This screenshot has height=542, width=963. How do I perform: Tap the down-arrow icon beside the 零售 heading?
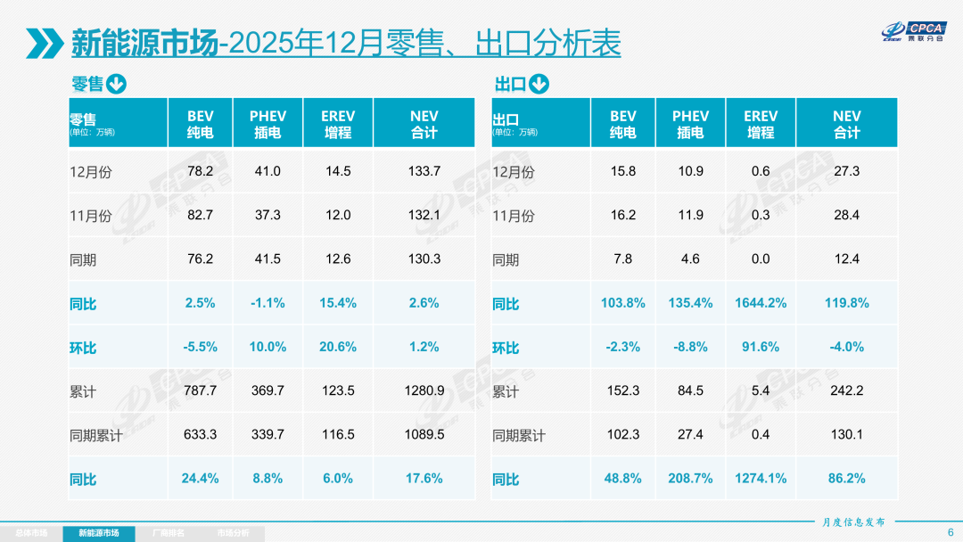[x=116, y=85]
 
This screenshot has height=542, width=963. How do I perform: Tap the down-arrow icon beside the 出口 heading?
[x=539, y=85]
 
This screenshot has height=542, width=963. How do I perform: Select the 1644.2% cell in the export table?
[x=761, y=303]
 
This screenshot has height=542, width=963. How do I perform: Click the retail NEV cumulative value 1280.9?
[x=424, y=390]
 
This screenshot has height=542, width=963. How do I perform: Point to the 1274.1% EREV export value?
[x=761, y=479]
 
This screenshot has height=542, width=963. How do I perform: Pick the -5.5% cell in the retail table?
[x=200, y=347]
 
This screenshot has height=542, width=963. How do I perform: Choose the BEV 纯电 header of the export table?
[x=623, y=124]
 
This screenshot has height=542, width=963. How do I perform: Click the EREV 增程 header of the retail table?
[x=338, y=124]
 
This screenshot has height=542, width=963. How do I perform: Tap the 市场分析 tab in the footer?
[x=233, y=533]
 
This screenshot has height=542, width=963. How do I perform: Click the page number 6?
[x=950, y=532]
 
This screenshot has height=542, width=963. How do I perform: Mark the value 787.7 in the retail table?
[x=200, y=390]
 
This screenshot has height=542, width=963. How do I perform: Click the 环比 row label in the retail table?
[x=83, y=348]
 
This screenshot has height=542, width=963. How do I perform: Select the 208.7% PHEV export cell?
[x=690, y=479]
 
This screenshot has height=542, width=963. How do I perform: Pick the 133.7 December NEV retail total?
[x=424, y=171]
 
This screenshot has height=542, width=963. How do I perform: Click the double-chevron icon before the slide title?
[x=44, y=42]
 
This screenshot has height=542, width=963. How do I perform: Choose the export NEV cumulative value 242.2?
[x=846, y=390]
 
